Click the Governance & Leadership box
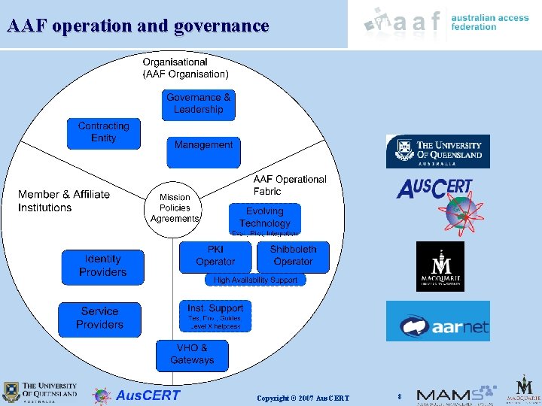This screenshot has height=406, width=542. tap(199, 105)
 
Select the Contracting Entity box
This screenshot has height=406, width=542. tap(104, 133)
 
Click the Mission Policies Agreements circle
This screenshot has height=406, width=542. tap(175, 208)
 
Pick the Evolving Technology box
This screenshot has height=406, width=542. tap(264, 217)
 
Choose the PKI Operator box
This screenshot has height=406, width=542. tap(215, 256)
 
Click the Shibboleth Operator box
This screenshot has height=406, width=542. tap(293, 256)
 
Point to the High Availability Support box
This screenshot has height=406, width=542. tap(255, 280)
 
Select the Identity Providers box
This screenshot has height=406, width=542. tap(102, 266)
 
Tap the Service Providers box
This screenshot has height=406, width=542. tap(99, 318)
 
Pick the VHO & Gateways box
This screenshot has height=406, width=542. tap(192, 355)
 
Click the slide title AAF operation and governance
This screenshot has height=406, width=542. tap(138, 26)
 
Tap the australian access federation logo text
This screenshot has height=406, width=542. tap(489, 22)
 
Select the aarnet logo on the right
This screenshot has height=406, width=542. tap(437, 321)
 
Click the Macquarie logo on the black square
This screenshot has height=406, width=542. tap(440, 266)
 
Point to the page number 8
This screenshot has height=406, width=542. tap(400, 395)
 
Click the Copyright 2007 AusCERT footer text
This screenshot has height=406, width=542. tap(303, 397)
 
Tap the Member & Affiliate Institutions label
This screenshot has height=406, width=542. tap(64, 201)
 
